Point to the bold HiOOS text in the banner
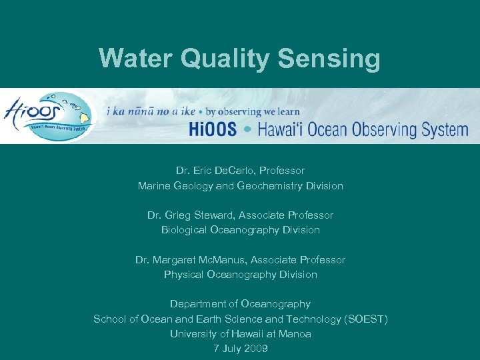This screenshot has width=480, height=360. (212, 129)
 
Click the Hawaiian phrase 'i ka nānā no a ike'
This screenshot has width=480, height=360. (151, 111)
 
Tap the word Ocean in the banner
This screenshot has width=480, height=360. (317, 129)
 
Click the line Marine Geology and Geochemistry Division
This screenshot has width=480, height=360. (240, 186)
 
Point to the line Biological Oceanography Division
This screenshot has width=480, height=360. (240, 230)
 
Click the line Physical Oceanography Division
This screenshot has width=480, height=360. (240, 274)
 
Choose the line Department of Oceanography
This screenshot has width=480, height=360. (240, 304)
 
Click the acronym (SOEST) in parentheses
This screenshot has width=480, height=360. (365, 319)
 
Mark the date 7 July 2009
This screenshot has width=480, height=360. (240, 348)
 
